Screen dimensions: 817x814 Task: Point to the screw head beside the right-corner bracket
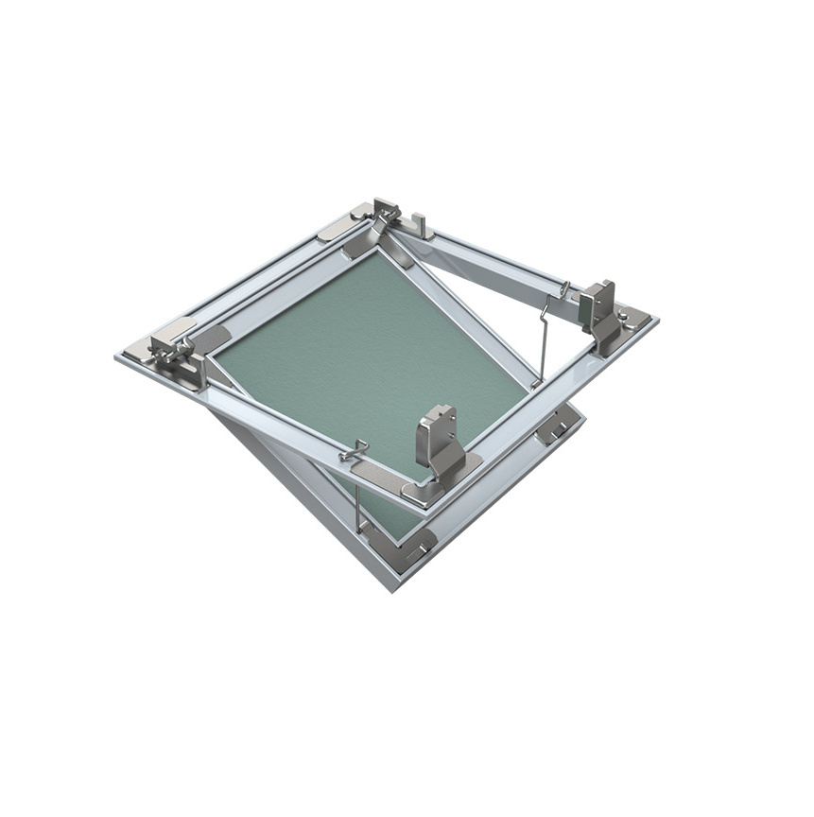click(624, 315)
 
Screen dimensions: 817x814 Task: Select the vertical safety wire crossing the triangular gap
click(543, 340)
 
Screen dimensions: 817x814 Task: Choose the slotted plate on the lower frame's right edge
click(558, 426)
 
